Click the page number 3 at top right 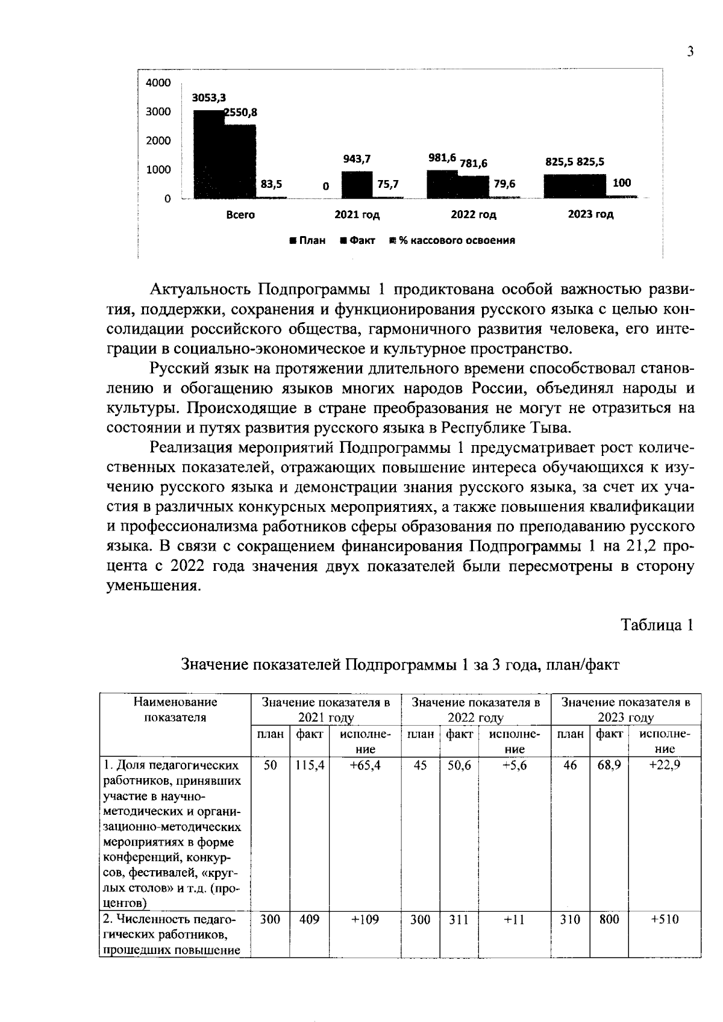690,52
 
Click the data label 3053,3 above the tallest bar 209,98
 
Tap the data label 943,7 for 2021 357,159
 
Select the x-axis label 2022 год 474,214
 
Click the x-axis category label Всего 240,214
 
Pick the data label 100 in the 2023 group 622,183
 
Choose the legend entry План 308,240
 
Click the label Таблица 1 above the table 657,625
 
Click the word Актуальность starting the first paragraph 201,289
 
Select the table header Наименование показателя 175,709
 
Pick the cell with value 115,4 309,765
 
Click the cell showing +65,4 365,765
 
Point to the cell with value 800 609,920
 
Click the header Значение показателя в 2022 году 475,709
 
